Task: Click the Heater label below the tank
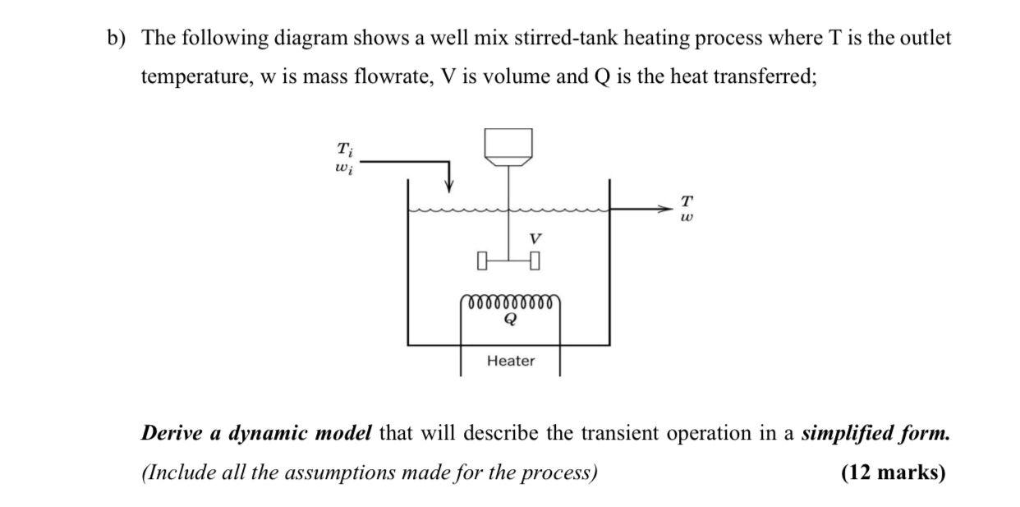pos(510,361)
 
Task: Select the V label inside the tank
pos(535,238)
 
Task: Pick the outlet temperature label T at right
pos(687,200)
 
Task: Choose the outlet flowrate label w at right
pos(687,218)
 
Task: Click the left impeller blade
pos(482,262)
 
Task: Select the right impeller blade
pos(535,262)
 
